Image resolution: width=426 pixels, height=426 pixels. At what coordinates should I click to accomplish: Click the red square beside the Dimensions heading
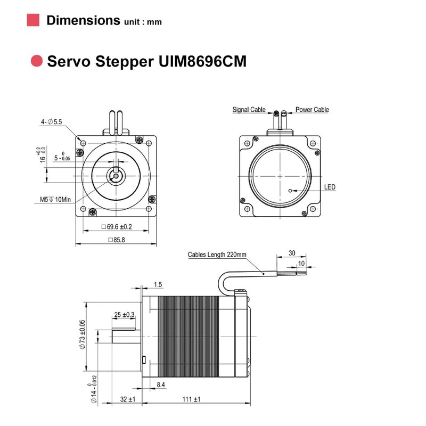coord(33,20)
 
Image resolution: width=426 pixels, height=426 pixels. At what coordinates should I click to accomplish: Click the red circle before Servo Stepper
coord(36,61)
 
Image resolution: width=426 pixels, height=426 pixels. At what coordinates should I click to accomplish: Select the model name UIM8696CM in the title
coord(202,61)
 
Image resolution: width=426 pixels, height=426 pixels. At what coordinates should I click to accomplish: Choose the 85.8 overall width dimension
coord(116,240)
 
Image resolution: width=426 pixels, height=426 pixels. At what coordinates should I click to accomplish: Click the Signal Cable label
coord(249,110)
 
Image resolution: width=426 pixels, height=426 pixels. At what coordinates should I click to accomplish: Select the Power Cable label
coord(312,110)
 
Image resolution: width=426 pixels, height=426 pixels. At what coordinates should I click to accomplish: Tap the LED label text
coord(330,187)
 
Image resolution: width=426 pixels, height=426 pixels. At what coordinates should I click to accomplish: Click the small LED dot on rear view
coord(290,190)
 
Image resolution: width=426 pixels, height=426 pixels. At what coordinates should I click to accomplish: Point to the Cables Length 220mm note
coord(217,255)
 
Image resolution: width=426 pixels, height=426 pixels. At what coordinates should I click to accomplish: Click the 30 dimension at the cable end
coord(291,253)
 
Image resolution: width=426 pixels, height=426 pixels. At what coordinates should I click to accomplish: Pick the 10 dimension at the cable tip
coord(301,263)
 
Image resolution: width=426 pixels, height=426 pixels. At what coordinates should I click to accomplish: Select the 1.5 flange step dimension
coord(158,284)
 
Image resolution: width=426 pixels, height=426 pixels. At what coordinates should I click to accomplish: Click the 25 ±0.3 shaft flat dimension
coord(124,315)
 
